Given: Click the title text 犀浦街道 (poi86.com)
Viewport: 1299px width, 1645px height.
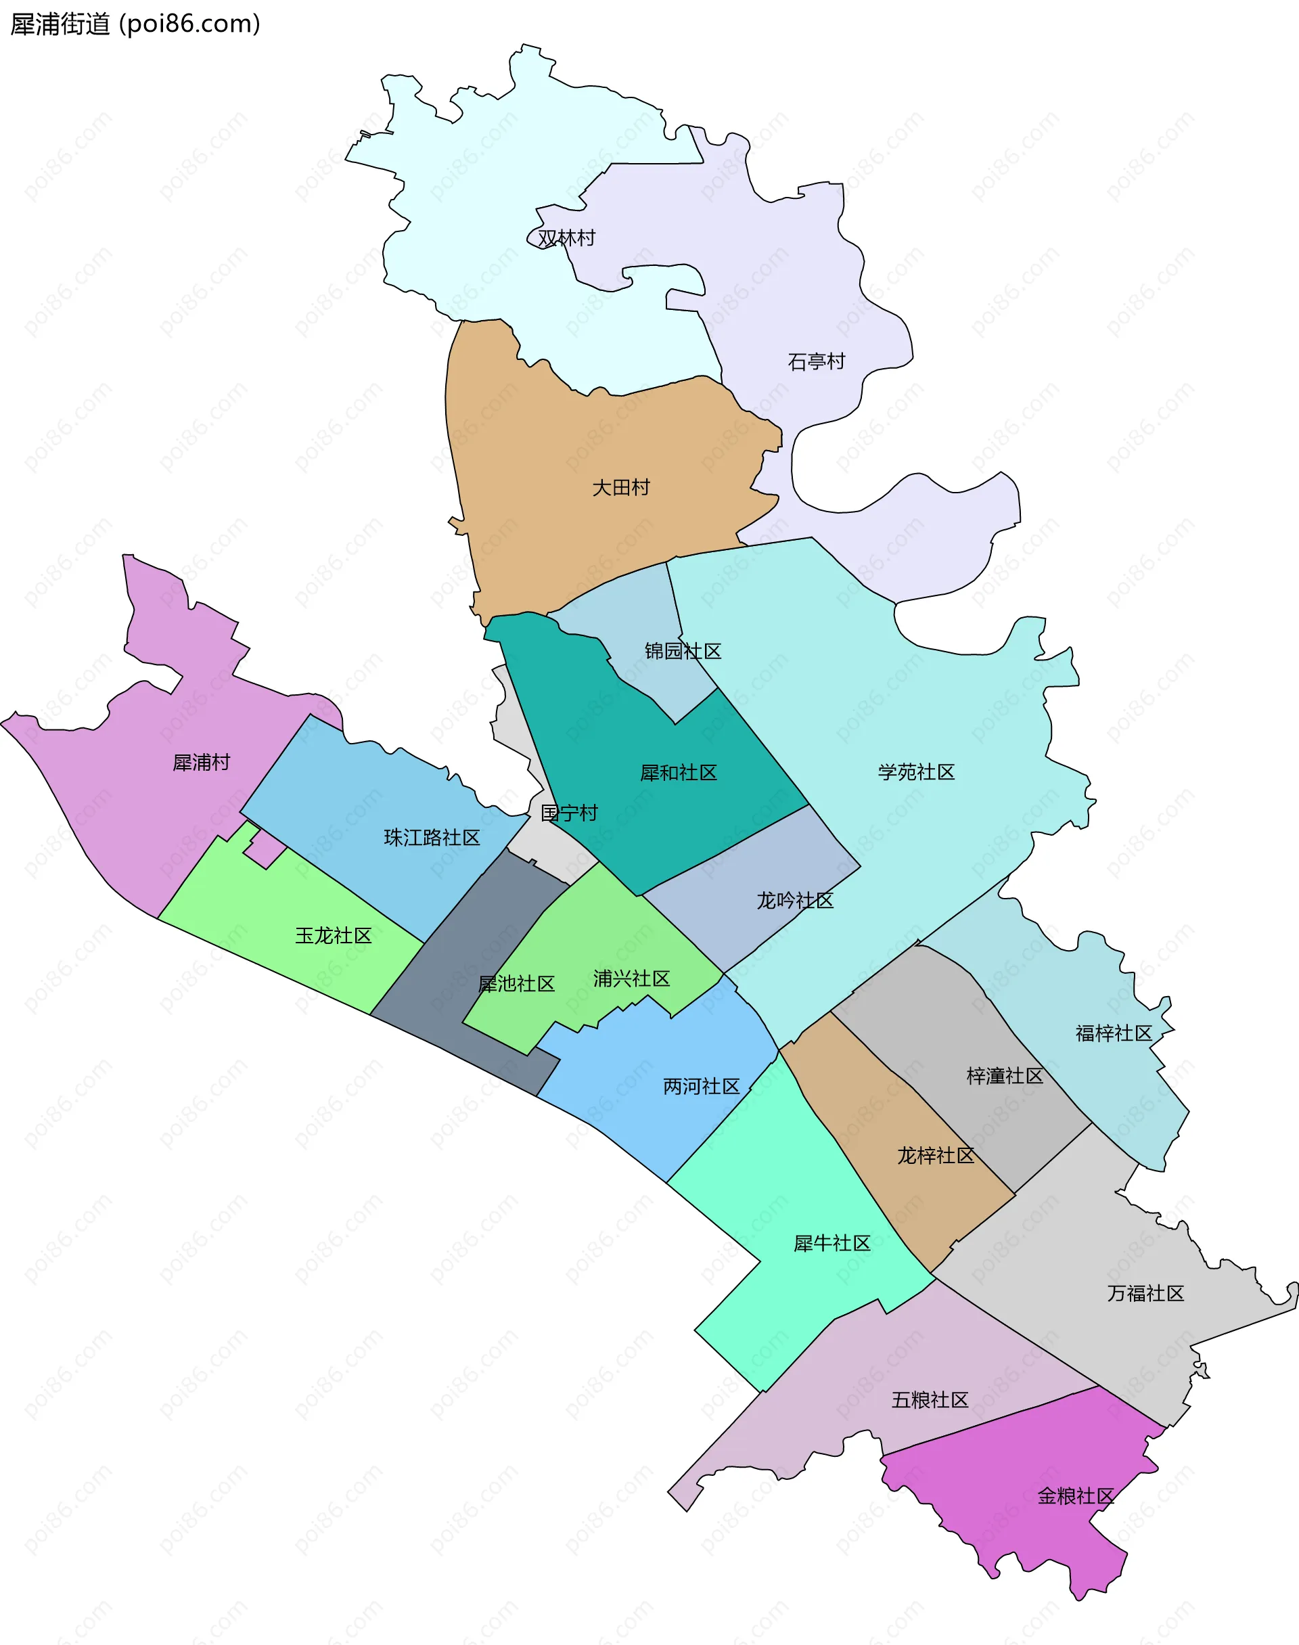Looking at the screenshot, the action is (x=135, y=24).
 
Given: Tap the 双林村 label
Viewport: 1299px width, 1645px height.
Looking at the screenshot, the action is (x=566, y=238).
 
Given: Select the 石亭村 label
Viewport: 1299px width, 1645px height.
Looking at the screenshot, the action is (x=816, y=361).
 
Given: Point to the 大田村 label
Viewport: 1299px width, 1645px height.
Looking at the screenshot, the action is (x=620, y=487).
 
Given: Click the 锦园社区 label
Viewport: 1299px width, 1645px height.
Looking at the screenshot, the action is (x=682, y=651).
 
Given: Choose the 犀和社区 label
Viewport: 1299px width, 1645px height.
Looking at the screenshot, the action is (x=679, y=773).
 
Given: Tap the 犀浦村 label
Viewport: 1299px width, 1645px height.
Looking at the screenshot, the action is (x=201, y=762).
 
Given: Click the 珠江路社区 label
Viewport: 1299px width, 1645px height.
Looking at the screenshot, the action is (x=432, y=837).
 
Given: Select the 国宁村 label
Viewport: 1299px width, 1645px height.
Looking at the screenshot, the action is (x=569, y=813).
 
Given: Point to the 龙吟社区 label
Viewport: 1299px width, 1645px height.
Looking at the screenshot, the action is (x=795, y=901).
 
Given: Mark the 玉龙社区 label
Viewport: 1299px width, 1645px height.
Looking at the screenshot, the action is (x=333, y=935).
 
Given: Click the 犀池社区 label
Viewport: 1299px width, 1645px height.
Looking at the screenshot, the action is (x=516, y=983).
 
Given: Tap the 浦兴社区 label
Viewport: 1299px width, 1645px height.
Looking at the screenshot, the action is (x=631, y=978).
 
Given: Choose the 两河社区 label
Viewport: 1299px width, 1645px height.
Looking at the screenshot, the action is (x=701, y=1086).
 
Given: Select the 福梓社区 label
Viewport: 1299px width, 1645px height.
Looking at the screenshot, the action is (x=1114, y=1033).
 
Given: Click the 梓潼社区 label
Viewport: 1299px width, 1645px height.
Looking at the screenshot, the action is (x=1005, y=1075).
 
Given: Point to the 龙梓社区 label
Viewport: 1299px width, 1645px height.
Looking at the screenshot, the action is (x=936, y=1155).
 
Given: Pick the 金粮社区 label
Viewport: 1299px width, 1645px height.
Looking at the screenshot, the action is (x=1076, y=1496).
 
